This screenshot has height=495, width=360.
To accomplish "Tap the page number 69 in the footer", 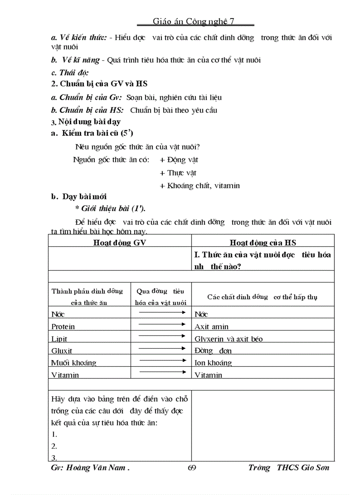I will point(192,468).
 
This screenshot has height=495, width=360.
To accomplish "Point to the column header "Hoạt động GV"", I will point(120,242).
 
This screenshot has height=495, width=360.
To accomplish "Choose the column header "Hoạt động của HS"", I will point(263,242).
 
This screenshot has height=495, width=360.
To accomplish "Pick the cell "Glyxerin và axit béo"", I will point(229,339).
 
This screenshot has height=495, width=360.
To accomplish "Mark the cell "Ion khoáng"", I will point(213,363).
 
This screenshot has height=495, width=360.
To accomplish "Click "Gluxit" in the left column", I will point(62,351).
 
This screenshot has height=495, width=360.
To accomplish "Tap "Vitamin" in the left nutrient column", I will point(65,375).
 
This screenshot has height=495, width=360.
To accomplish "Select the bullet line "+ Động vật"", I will point(179,160).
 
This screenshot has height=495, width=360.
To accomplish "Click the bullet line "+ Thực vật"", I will point(178,173).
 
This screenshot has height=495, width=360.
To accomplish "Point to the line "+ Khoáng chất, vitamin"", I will point(199,186).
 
